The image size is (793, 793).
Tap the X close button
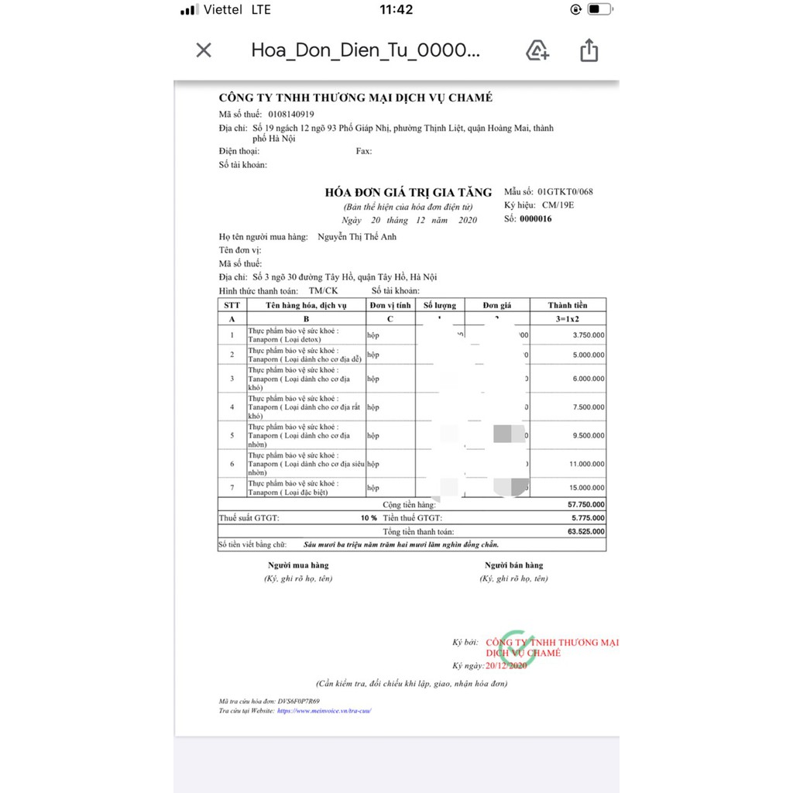[204, 51]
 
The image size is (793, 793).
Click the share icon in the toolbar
[589, 51]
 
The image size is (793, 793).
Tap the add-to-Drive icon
[537, 51]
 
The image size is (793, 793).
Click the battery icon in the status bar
[599, 10]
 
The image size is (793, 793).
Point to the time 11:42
[396, 10]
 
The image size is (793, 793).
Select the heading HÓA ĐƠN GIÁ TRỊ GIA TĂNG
[408, 193]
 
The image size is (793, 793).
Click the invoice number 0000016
[536, 219]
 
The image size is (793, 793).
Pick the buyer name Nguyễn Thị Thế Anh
[357, 237]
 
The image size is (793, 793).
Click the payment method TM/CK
[324, 290]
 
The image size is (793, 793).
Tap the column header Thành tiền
[568, 305]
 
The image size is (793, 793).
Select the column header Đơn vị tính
[390, 305]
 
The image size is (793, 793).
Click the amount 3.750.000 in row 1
[589, 335]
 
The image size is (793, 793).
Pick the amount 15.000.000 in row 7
[587, 488]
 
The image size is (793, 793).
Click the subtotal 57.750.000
[587, 504]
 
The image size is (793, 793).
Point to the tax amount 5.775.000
[589, 517]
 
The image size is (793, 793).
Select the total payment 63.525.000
[587, 532]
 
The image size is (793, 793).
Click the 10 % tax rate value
[369, 517]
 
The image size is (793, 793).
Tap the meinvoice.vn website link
[324, 710]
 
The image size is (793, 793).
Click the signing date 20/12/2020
[506, 666]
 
